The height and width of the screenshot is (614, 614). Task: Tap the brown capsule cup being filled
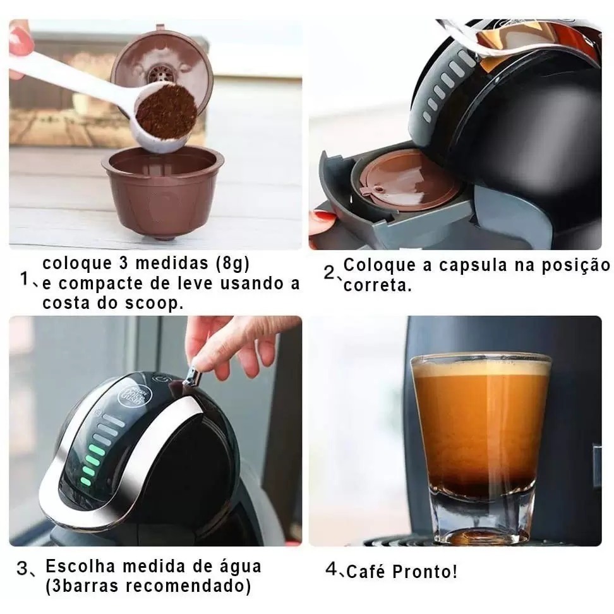click(x=162, y=192)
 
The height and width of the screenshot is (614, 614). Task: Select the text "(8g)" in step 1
click(x=232, y=264)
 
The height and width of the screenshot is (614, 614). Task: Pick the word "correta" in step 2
click(x=375, y=286)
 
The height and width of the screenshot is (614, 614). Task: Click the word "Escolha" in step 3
click(x=80, y=566)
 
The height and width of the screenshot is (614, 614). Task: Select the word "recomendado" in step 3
click(x=189, y=586)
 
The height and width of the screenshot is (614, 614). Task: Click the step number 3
click(x=22, y=568)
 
